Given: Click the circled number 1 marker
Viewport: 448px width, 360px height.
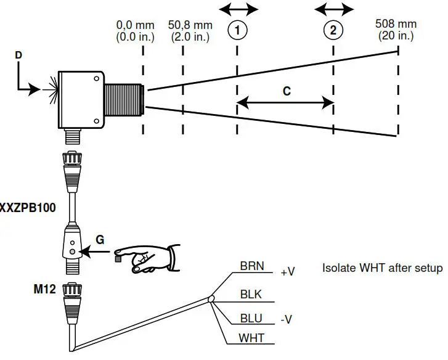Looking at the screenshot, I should point(237,30).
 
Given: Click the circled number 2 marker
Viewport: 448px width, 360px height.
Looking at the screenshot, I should point(333,30).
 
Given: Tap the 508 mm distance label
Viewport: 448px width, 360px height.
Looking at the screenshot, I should point(396,30).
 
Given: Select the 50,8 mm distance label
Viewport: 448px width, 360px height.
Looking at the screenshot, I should point(190,30).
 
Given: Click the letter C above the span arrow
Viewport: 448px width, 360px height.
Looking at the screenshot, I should point(287,91).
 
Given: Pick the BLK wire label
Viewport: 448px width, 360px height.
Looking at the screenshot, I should point(250,294).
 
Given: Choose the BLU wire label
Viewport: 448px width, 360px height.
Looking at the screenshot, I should point(250,318).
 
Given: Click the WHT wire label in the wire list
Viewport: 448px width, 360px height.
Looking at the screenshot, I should point(250,339).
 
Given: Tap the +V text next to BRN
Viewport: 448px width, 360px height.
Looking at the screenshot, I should point(288,272).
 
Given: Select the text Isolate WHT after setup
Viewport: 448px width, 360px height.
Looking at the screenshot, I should point(382,268).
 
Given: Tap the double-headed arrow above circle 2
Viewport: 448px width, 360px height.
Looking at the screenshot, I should point(334,9).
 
